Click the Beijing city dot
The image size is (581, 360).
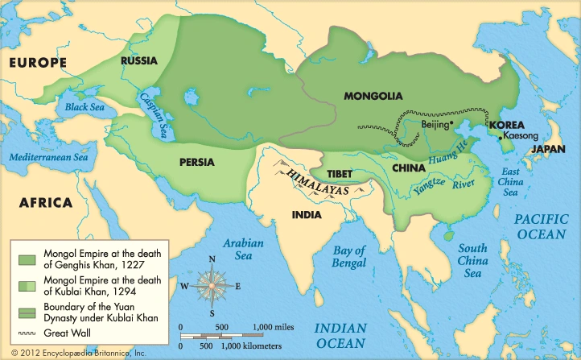tap(452, 123)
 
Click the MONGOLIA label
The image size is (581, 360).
tap(373, 97)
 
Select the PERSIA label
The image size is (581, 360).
tap(197, 162)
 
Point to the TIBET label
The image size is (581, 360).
tap(340, 174)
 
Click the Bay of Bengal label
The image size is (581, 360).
tap(350, 257)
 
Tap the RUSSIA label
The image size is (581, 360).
tap(138, 60)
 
